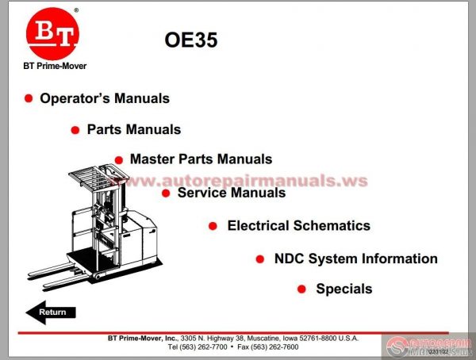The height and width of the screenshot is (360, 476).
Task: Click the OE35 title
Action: [190, 40]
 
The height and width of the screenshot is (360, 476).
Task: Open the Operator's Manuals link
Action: [105, 98]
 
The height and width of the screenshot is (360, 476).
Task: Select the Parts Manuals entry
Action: [134, 129]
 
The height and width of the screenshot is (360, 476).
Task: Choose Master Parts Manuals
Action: [201, 159]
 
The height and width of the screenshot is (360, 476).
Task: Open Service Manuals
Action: [232, 192]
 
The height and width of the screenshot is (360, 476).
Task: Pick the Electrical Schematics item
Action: [298, 225]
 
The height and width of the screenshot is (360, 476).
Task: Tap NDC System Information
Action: [355, 259]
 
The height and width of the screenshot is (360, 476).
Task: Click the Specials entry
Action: [344, 289]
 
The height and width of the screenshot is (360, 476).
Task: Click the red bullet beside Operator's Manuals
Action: [29, 98]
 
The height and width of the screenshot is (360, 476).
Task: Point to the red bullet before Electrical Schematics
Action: [213, 226]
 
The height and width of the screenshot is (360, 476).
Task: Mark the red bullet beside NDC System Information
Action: [260, 259]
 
